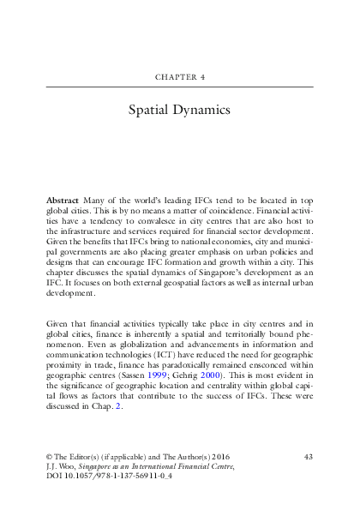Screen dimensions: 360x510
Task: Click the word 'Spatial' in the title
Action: pos(152,111)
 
